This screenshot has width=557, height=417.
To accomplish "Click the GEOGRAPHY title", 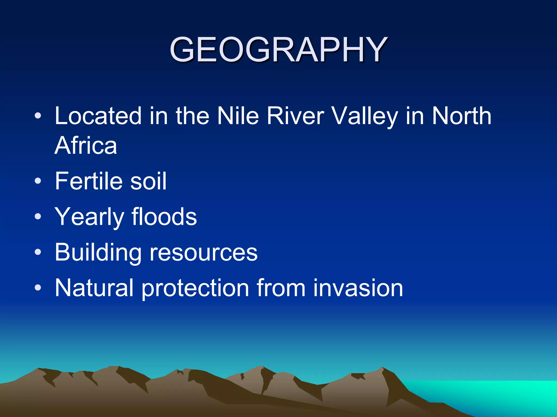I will click(x=278, y=50).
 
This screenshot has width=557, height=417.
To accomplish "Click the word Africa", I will click(x=86, y=146).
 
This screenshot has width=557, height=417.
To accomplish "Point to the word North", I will click(x=462, y=116).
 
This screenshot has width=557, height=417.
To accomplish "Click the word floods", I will click(x=164, y=217).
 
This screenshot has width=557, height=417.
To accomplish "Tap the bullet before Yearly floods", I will click(x=38, y=216).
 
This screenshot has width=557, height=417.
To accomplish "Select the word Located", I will click(x=98, y=116).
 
